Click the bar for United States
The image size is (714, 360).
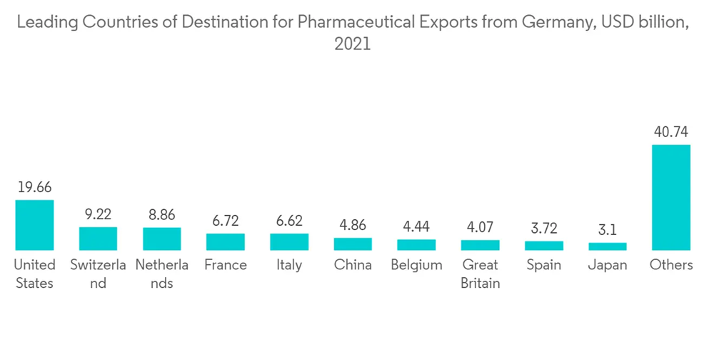click(34, 225)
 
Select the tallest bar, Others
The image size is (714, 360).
click(671, 197)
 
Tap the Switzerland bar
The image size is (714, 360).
click(98, 239)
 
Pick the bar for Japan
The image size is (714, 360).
click(608, 246)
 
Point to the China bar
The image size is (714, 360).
click(353, 244)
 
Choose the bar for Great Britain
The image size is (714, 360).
click(481, 245)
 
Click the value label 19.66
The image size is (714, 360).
click(34, 187)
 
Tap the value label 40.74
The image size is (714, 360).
click(671, 132)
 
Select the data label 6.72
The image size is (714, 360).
click(226, 221)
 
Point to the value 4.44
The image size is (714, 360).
click(416, 226)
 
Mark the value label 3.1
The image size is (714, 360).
click(608, 230)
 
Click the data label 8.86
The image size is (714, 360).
click(162, 215)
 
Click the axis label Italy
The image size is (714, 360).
click(289, 265)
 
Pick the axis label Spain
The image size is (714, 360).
click(544, 265)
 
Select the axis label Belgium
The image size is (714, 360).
click(416, 265)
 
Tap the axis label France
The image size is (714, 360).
click(226, 265)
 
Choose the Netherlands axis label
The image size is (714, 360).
click(162, 274)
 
